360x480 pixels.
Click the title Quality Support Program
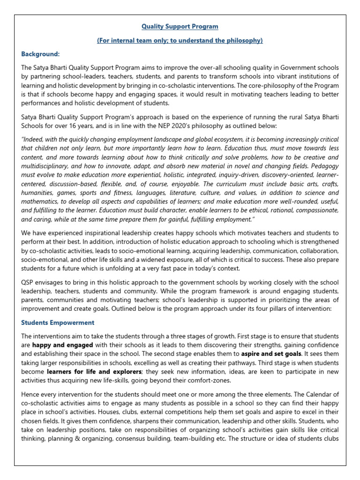point(180,26)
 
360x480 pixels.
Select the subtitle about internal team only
point(180,41)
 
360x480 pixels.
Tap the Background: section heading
point(40,54)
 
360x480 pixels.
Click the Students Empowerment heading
point(58,322)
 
